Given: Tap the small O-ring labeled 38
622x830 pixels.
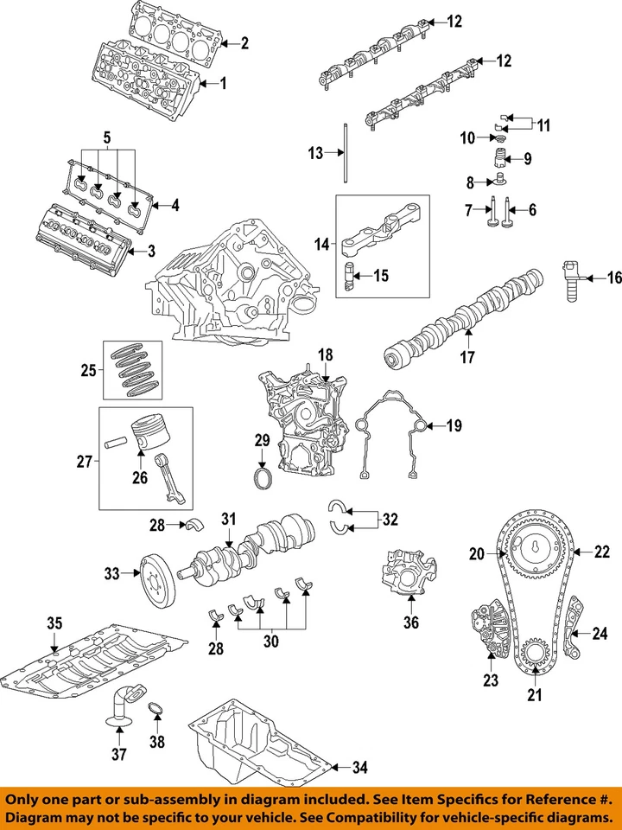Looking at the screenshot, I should [x=155, y=711].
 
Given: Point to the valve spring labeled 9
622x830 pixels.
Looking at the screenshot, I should [x=498, y=159].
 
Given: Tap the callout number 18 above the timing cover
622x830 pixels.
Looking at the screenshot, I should [x=325, y=355].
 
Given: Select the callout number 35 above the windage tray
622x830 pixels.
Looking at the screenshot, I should [x=54, y=623].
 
